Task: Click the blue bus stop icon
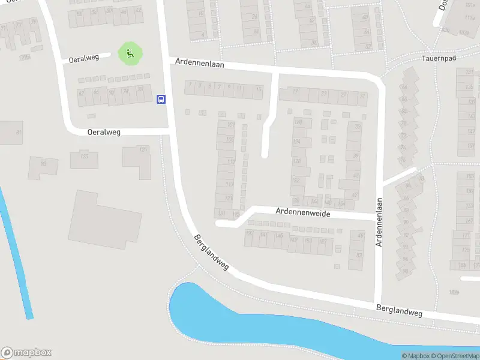161,100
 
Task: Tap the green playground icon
130,54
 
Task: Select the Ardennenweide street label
302,212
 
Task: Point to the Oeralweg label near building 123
103,132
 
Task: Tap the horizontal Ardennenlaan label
200,62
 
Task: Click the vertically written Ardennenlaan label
379,223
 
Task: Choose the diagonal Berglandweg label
211,252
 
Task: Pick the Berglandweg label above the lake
399,311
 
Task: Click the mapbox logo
26,353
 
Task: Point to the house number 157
322,241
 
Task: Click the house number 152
295,181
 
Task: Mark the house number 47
355,195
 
